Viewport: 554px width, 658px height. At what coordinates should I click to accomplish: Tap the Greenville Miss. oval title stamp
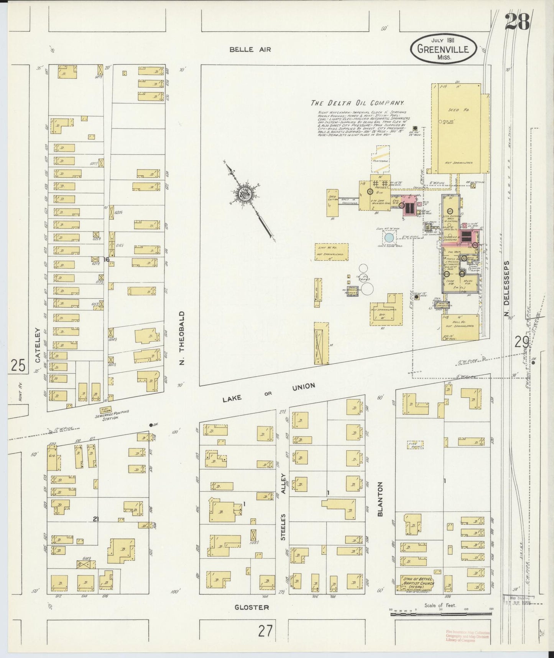click(444, 49)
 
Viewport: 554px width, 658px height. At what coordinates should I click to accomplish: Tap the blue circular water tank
click(389, 238)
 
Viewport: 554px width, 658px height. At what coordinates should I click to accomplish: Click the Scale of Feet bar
click(441, 614)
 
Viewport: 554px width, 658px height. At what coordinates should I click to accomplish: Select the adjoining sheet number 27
click(265, 631)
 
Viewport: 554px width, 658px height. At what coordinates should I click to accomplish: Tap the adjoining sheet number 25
click(18, 365)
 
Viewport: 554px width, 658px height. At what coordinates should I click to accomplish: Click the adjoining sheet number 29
click(522, 342)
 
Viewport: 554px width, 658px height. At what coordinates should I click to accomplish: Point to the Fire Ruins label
click(415, 445)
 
